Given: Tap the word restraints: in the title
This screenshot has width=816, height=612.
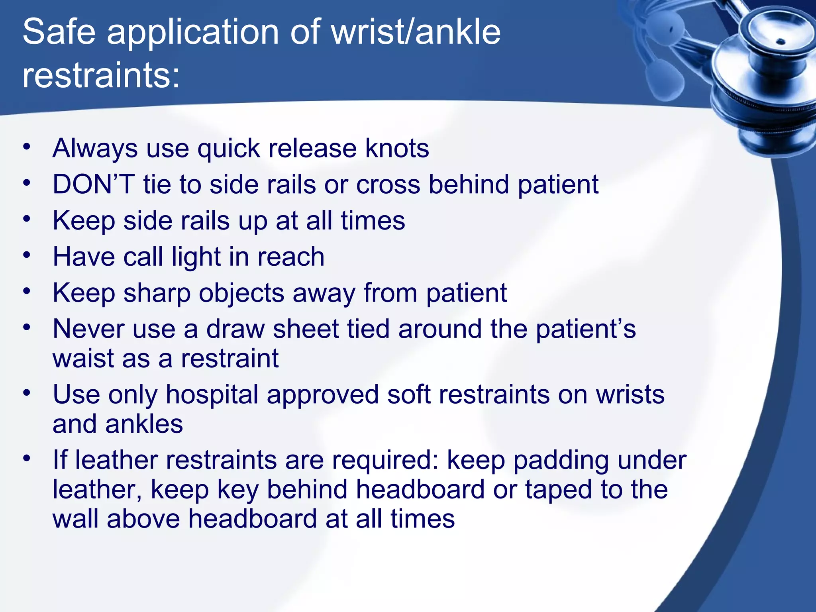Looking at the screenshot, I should pos(101,75).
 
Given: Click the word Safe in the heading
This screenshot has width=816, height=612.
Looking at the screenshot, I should pos(59,32).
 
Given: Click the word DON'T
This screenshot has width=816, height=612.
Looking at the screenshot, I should pos(94,184).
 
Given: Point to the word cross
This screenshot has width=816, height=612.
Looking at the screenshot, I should pos(388,184).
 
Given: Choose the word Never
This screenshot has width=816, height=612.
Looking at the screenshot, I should pos(88,329).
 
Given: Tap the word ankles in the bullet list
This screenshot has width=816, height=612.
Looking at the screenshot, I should pos(144,424).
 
